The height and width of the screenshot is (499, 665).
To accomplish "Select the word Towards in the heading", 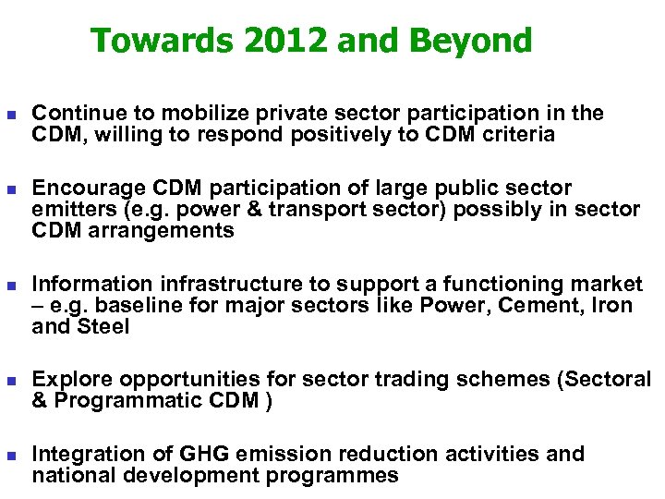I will click(150, 41).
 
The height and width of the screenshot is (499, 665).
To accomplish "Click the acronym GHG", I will click(201, 454).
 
